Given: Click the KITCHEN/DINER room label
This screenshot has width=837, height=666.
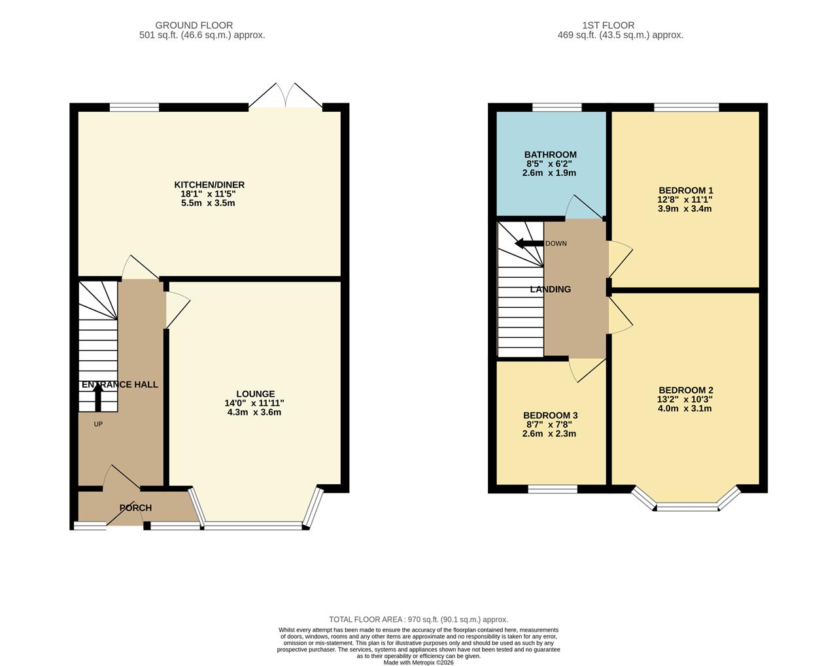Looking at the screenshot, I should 209,185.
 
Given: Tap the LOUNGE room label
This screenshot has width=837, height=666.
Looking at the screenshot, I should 255,393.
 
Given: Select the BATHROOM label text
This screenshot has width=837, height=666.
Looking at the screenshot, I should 550,155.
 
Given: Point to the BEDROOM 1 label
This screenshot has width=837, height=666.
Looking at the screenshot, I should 685,191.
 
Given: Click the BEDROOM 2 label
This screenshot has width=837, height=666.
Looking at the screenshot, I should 685,390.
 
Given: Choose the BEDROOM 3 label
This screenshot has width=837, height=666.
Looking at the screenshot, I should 550,415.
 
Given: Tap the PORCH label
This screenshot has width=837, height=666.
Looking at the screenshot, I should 135,508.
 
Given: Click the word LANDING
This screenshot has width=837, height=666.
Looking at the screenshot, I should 550,289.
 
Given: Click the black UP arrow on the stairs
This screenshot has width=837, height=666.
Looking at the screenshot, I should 98,396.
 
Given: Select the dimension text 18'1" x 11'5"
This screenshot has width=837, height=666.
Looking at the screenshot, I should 209,194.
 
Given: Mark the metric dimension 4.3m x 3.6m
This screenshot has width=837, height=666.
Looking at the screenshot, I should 254,412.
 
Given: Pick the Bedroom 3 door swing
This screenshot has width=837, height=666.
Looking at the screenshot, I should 585,371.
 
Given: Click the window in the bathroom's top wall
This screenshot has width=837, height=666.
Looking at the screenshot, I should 556,107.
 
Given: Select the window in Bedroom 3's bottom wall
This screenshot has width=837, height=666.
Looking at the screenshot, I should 553,489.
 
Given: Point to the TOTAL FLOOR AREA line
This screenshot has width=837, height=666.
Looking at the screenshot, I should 418,620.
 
